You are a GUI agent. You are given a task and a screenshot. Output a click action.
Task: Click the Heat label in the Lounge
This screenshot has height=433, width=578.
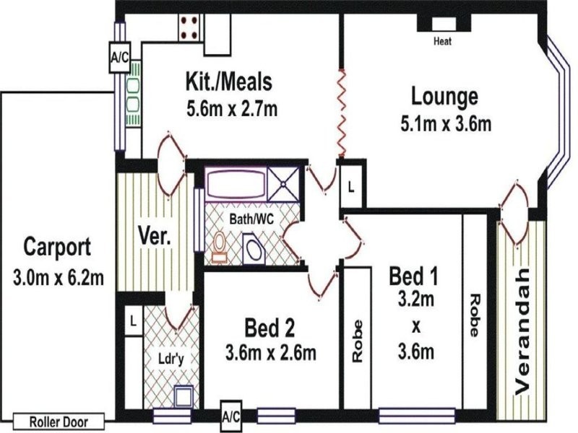[442, 41]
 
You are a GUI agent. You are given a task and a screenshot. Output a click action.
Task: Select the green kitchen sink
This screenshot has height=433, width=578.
[133, 96]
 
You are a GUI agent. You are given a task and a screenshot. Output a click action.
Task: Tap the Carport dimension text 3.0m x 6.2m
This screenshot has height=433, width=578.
[58, 276]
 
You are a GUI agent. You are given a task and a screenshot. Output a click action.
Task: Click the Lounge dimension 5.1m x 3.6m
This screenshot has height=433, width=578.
[446, 123]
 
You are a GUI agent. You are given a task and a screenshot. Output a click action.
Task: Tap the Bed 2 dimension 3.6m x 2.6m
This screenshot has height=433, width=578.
[271, 353]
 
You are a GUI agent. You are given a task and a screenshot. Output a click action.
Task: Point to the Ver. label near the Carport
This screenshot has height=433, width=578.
[153, 236]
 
